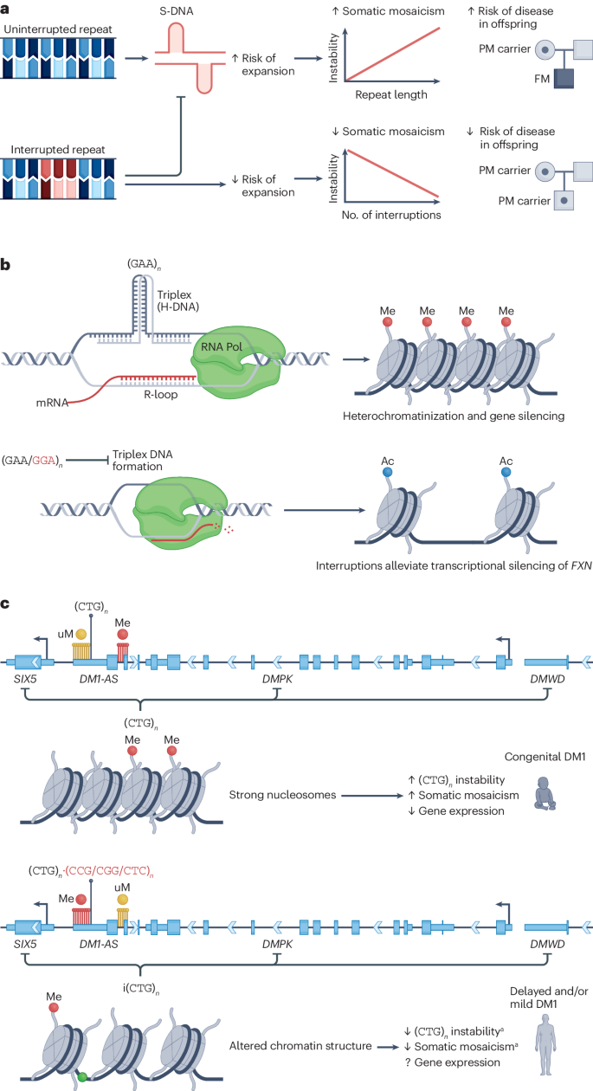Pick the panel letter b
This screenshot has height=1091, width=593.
7,259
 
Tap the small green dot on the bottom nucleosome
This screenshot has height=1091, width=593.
81,1076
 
